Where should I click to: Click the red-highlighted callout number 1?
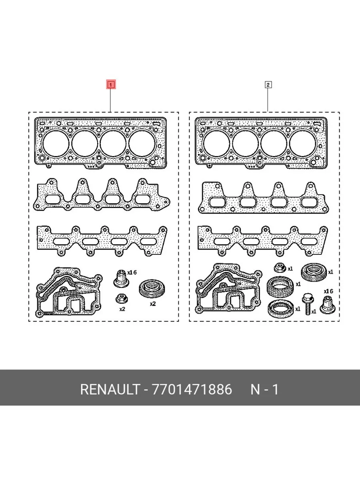pos(111,85)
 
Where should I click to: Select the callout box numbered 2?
pos(268,85)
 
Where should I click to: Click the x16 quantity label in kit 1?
pos(132,272)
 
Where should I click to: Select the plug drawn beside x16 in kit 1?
pos(121,279)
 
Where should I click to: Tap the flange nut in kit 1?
pos(122,298)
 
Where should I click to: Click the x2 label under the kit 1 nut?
pos(122,309)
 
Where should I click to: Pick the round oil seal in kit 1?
pos(152,288)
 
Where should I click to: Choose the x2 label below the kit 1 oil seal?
pos(153,304)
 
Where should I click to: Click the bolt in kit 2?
pos(308,304)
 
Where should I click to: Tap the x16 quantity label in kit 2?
pos(328,291)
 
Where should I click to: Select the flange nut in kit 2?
pos(280,268)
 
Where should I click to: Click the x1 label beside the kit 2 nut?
pos(290,269)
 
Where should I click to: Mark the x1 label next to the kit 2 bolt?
pos(314,311)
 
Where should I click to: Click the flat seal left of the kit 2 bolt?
pos(281,309)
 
